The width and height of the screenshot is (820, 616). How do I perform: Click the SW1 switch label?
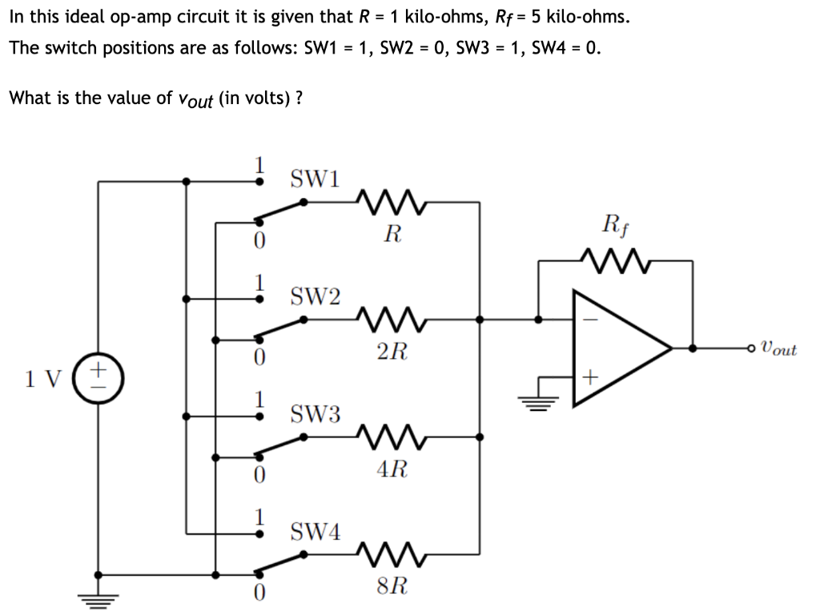314,178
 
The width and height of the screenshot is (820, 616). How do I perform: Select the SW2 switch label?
314,297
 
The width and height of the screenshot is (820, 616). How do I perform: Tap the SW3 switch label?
314,414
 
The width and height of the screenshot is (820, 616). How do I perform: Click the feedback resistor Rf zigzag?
616,260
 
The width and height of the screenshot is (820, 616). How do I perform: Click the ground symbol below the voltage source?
98,596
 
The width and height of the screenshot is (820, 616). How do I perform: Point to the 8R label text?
392,586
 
